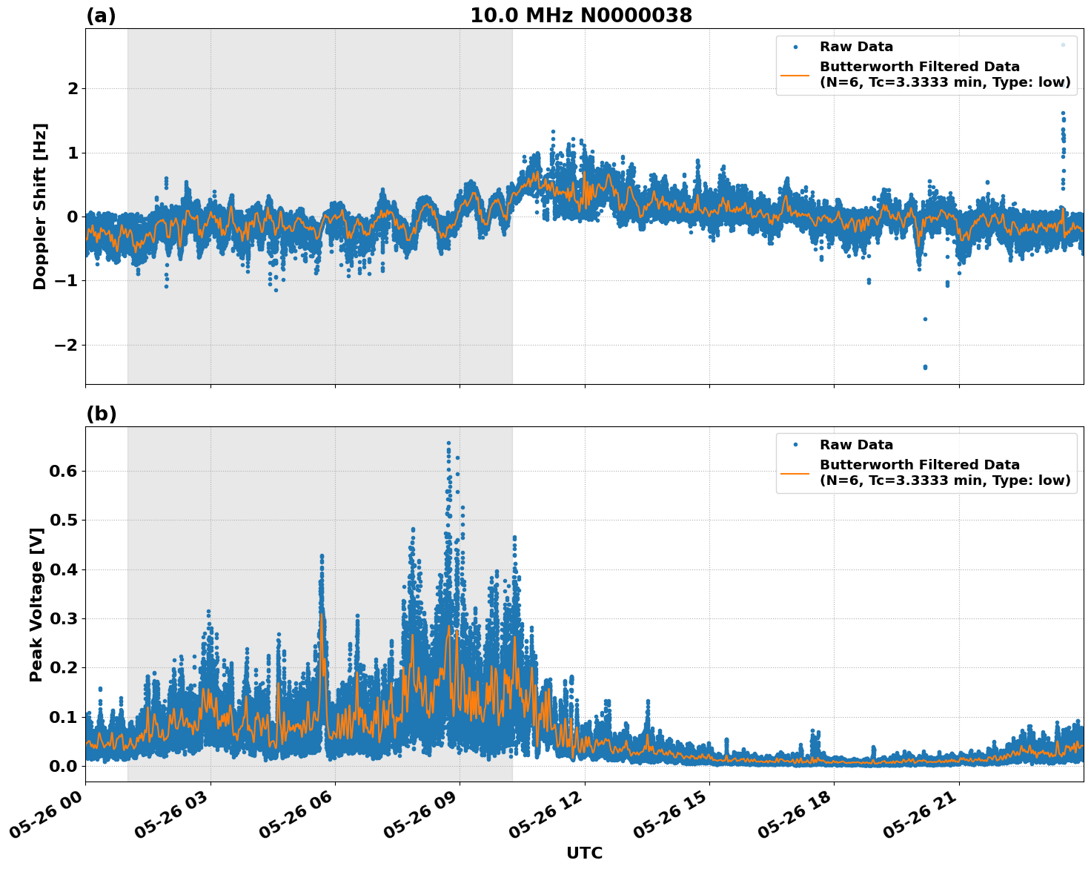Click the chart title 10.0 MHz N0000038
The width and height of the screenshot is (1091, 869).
[x=581, y=16]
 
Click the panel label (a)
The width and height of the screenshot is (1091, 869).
[x=101, y=16]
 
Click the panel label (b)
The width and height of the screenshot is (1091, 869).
[x=101, y=414]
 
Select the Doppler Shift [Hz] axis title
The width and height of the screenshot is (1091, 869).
[x=40, y=206]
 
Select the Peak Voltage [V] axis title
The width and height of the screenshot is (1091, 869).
[x=36, y=604]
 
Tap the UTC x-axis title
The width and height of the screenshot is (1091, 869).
[x=584, y=853]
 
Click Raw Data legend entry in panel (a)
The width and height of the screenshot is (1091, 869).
[x=856, y=47]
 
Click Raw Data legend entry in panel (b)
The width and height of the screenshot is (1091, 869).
[x=856, y=445]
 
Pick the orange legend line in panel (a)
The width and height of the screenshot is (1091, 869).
[x=795, y=75]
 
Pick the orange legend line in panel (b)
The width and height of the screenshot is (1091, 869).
[x=795, y=473]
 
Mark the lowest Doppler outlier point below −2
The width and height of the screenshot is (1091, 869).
[x=925, y=367]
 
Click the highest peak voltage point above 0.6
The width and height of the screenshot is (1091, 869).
[x=448, y=443]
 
